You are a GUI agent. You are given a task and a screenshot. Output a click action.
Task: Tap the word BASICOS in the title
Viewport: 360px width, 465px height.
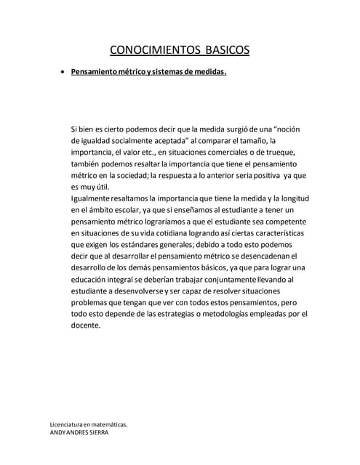(x=222, y=50)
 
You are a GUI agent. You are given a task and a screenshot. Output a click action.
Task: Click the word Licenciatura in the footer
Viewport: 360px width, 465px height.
(x=65, y=424)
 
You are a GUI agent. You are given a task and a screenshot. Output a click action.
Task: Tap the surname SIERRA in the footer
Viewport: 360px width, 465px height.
(x=100, y=432)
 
